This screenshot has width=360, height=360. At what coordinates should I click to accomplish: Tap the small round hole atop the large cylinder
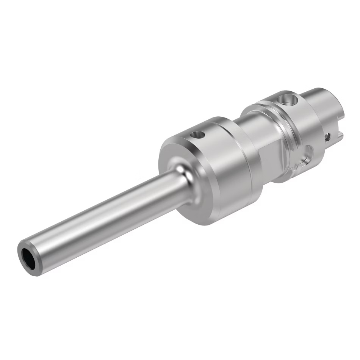[198, 134]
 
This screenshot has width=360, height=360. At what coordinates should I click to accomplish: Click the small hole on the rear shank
[328, 136]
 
